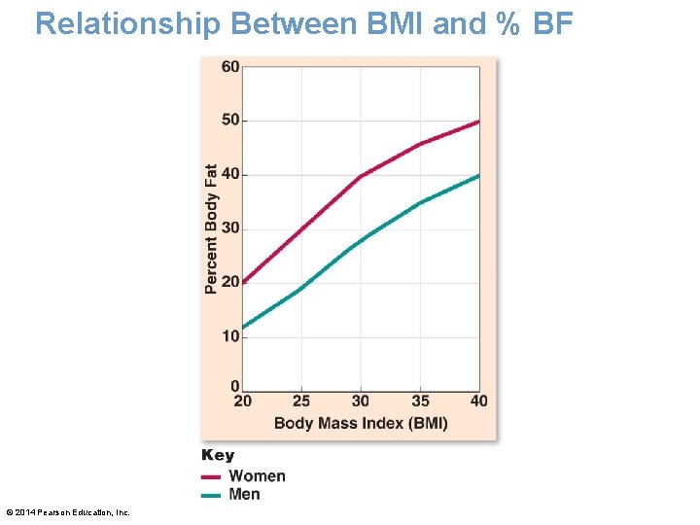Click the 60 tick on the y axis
pyautogui.click(x=230, y=67)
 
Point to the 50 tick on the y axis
pyautogui.click(x=230, y=121)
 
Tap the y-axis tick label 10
pyautogui.click(x=230, y=336)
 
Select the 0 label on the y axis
pyautogui.click(x=235, y=387)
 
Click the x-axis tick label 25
pyautogui.click(x=301, y=402)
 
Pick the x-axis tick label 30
pyautogui.click(x=361, y=402)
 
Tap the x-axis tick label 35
pyautogui.click(x=420, y=402)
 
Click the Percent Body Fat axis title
pyautogui.click(x=212, y=228)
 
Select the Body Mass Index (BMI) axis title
pyautogui.click(x=361, y=423)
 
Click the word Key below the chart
pyautogui.click(x=218, y=455)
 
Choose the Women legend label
pyautogui.click(x=257, y=475)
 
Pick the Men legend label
pyautogui.click(x=244, y=494)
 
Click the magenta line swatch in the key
pyautogui.click(x=211, y=476)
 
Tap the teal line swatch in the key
pyautogui.click(x=211, y=495)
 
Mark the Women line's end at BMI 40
pyautogui.click(x=478, y=122)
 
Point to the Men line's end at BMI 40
pyautogui.click(x=478, y=175)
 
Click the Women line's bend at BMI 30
pyautogui.click(x=361, y=176)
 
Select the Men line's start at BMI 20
pyautogui.click(x=243, y=328)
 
